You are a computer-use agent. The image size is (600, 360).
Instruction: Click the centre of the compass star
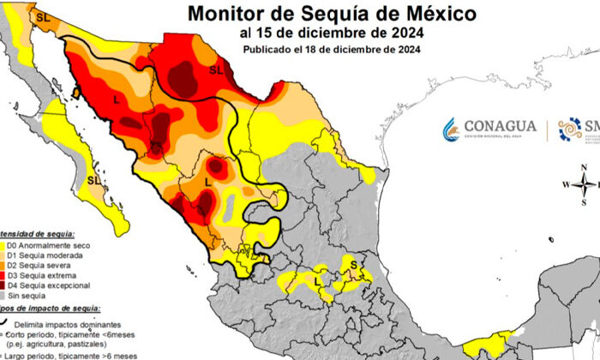pyautogui.click(x=584, y=183)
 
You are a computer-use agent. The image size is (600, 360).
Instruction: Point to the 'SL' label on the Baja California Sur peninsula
pyautogui.click(x=93, y=180)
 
